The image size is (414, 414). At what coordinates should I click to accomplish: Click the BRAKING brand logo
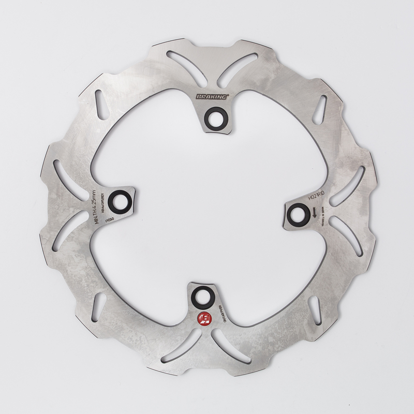[x=213, y=97]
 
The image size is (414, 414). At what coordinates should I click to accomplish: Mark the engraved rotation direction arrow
[x=314, y=211]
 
